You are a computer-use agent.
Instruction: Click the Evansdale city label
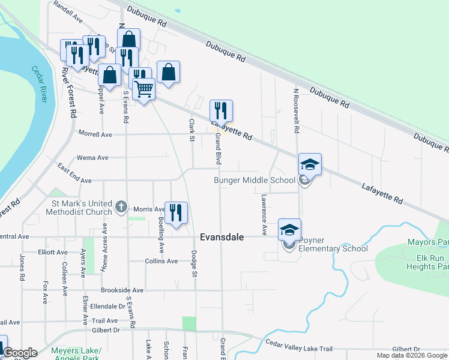221,237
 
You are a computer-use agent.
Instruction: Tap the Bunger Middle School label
255,180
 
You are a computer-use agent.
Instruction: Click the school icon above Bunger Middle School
310,164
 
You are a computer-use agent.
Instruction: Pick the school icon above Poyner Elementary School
289,230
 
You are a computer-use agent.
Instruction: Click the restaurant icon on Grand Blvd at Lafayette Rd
221,110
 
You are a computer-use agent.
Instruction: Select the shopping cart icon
143,89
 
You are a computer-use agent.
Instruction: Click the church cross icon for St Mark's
121,208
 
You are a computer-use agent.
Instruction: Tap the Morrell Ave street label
95,135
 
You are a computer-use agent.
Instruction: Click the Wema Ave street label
92,158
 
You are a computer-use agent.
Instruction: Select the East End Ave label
74,173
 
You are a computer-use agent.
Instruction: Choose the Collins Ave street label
161,261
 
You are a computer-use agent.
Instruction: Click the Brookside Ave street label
122,290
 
